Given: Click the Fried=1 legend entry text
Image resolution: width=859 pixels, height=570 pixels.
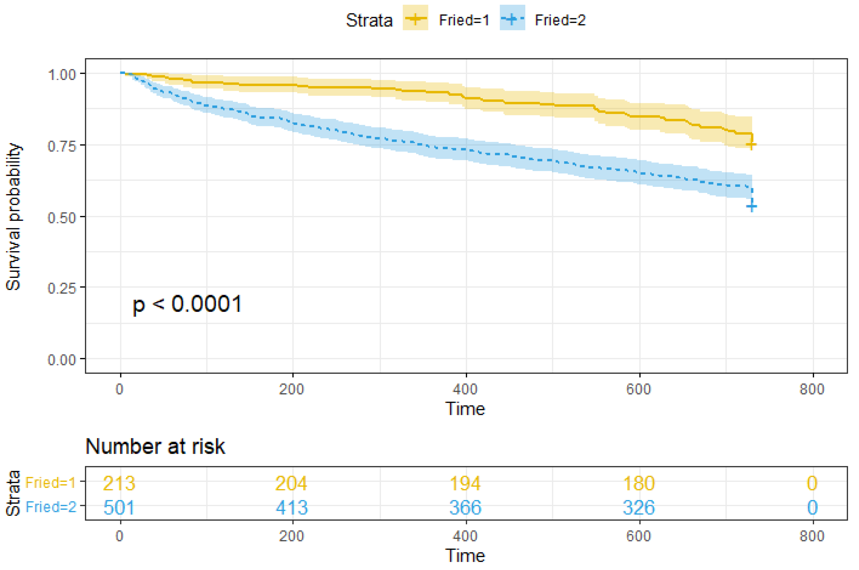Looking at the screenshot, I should [464, 20].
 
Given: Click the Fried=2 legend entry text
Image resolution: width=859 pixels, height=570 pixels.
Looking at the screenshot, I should [560, 20].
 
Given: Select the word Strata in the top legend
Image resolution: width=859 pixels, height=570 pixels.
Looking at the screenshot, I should [369, 20].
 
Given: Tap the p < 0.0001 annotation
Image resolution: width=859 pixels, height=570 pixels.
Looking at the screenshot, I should [187, 304].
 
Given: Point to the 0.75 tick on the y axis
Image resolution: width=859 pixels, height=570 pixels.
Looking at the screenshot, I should [62, 146].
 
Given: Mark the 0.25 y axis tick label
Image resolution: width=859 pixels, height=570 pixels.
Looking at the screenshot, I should [62, 288].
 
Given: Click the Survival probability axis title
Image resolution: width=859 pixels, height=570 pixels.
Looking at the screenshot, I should [13, 217].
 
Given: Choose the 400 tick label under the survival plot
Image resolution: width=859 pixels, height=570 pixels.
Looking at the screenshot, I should [465, 389].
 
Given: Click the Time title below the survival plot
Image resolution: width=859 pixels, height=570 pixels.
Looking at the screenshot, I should [465, 409].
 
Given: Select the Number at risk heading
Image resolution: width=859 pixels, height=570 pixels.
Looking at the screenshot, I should [155, 446].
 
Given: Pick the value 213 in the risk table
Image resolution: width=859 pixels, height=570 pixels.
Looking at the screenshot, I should [119, 483].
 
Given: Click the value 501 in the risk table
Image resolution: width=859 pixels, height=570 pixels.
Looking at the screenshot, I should [119, 507].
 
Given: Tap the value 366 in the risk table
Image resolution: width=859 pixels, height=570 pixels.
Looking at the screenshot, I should [465, 507].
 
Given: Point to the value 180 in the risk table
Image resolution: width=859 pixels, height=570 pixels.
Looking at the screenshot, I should [639, 483].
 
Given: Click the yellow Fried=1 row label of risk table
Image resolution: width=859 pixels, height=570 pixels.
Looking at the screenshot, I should [50, 483].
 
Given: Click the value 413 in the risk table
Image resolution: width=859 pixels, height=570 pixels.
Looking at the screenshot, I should [292, 507].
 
